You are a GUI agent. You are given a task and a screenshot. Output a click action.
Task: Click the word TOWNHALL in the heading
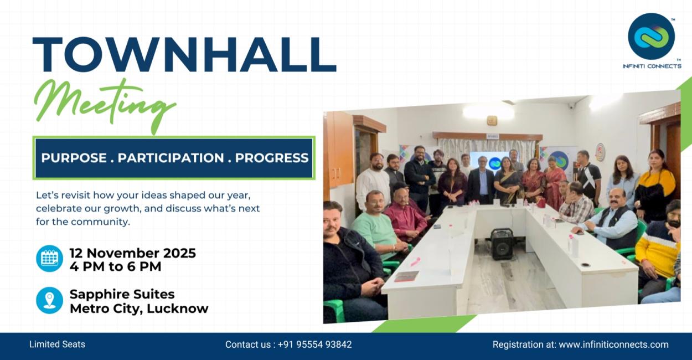pyautogui.click(x=184, y=55)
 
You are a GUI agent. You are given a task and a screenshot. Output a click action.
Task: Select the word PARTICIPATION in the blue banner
pyautogui.click(x=171, y=158)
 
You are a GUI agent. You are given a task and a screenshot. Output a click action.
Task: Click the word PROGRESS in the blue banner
pyautogui.click(x=272, y=158)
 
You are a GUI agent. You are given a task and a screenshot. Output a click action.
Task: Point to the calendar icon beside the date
pyautogui.click(x=49, y=259)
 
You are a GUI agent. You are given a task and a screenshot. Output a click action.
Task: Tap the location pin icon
pyautogui.click(x=49, y=300)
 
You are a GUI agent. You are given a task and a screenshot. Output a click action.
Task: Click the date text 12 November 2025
pyautogui.click(x=132, y=253)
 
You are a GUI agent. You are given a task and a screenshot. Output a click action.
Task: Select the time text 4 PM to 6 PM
pyautogui.click(x=115, y=266)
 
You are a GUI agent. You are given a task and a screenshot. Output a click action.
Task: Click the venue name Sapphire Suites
pyautogui.click(x=122, y=294)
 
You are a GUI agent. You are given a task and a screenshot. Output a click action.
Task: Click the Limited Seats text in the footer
pyautogui.click(x=57, y=344)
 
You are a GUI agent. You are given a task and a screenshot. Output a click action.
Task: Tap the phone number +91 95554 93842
pyautogui.click(x=314, y=344)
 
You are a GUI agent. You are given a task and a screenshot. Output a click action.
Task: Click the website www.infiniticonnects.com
pyautogui.click(x=613, y=344)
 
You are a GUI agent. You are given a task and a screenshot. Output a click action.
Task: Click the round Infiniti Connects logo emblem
pyautogui.click(x=652, y=37)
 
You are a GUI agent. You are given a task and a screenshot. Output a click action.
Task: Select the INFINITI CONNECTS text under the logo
pyautogui.click(x=652, y=66)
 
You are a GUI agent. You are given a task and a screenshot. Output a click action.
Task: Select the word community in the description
pyautogui.click(x=101, y=222)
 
